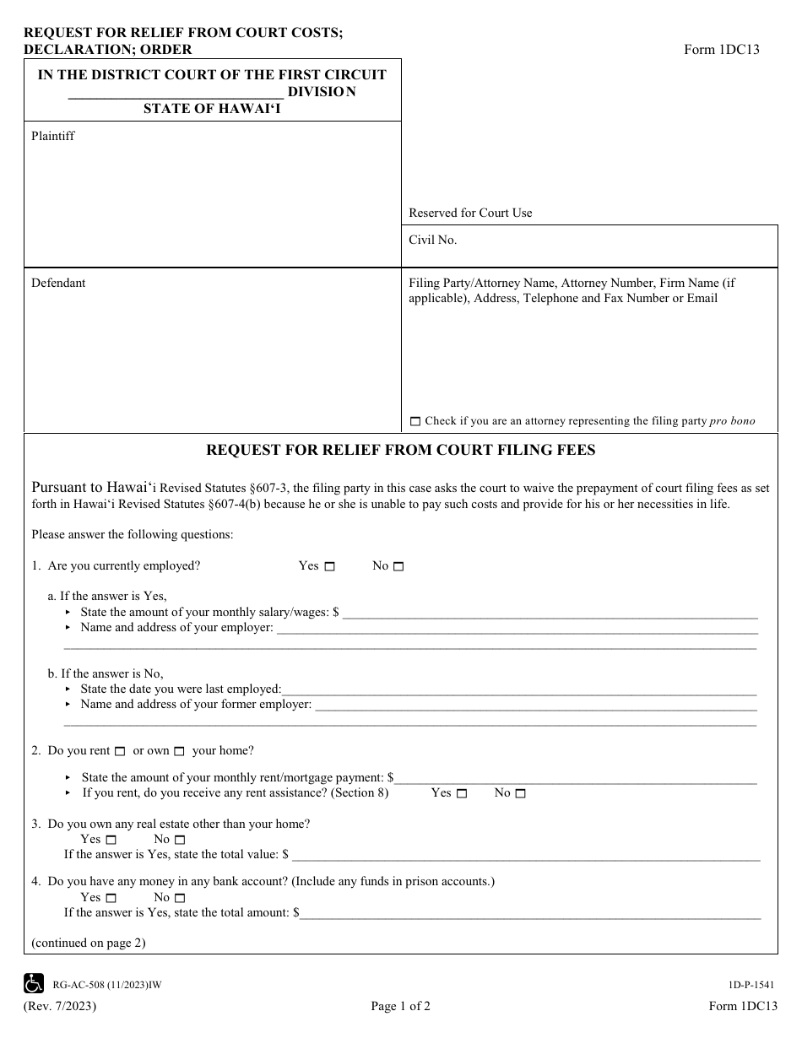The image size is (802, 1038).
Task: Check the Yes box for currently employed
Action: tap(330, 567)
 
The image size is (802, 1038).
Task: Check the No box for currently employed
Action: tap(398, 567)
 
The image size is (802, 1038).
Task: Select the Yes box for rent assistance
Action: tap(462, 794)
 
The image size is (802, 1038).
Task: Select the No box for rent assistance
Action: tap(520, 794)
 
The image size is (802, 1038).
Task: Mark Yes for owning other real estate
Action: tap(111, 841)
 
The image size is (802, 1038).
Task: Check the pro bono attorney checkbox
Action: tap(415, 421)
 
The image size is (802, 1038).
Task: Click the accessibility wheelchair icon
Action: tap(35, 983)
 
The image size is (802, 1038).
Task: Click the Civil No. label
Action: tap(433, 241)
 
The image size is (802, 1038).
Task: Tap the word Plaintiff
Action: tap(53, 136)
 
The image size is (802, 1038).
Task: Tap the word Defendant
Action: tap(58, 284)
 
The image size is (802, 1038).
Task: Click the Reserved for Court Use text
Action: tap(470, 214)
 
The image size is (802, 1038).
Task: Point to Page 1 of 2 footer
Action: tap(400, 1006)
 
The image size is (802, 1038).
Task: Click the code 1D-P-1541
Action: tap(749, 984)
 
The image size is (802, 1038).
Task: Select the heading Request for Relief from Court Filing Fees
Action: tap(401, 451)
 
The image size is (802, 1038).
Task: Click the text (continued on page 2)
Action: tap(89, 943)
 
